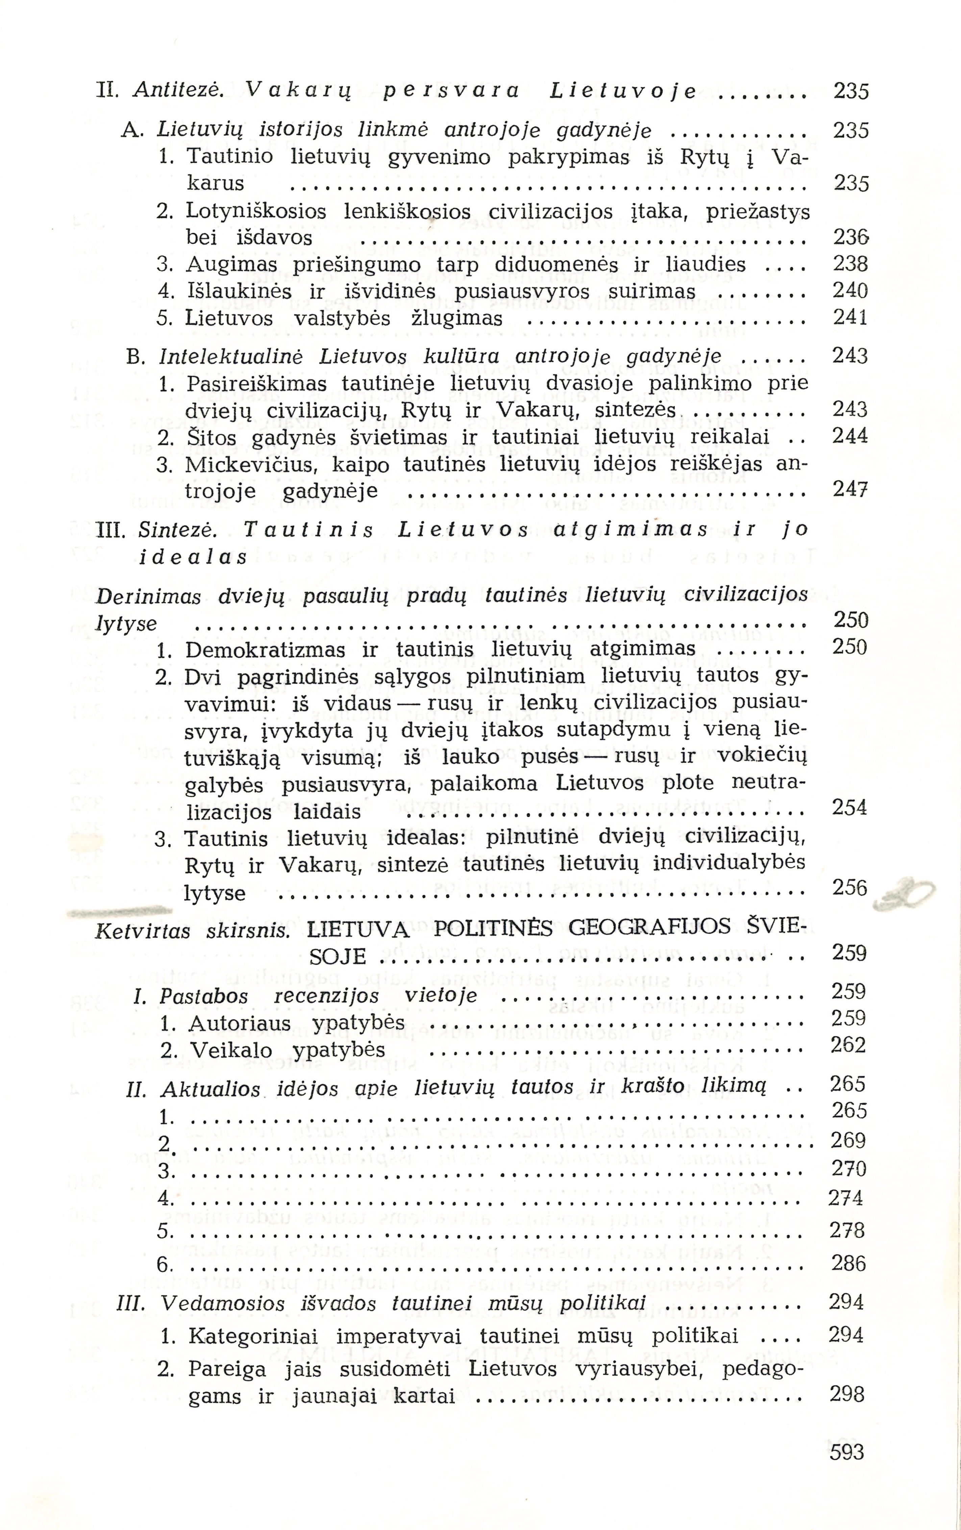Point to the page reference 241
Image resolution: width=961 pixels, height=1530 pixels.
850,318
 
